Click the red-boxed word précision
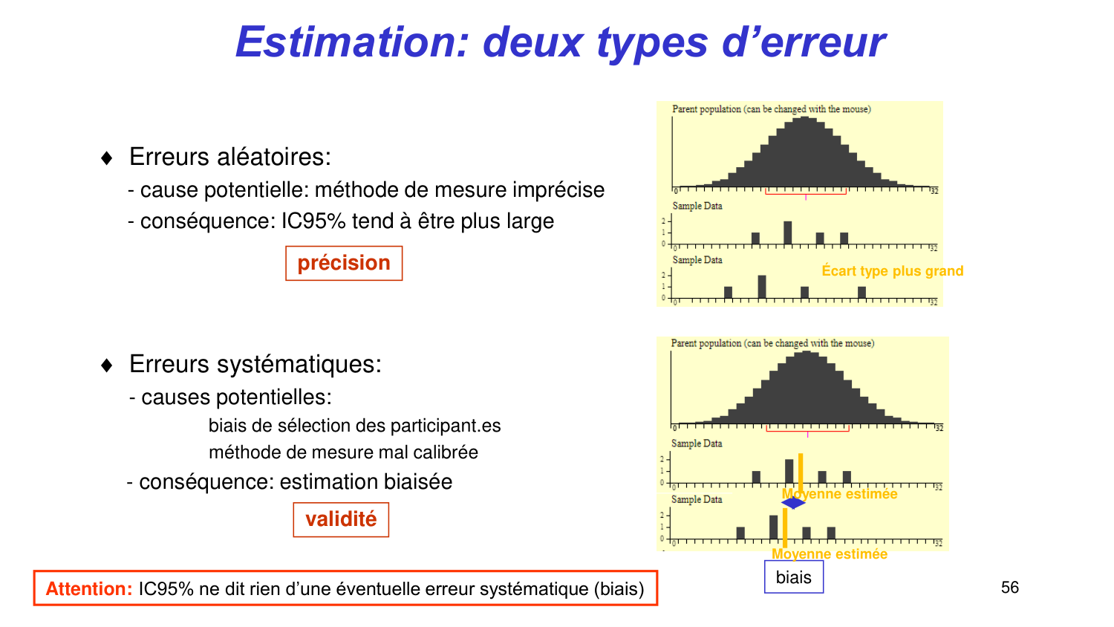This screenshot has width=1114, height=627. coord(344,263)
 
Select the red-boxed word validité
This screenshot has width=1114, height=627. coord(341,519)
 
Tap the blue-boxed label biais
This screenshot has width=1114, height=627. coord(794,577)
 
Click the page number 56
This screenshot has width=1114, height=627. coord(1010,588)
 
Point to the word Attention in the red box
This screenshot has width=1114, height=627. coord(89,589)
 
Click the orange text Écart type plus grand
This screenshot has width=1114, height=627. coord(892,271)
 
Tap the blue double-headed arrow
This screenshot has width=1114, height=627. coord(793,503)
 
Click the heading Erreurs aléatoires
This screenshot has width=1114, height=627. coord(230,157)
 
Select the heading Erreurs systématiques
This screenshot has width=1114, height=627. coord(255,364)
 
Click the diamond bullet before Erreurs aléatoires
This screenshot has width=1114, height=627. coord(107,158)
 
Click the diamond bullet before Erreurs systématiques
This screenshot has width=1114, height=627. coord(107,366)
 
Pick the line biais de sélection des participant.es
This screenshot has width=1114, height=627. coord(354,426)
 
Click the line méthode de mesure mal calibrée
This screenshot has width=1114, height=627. coord(343,452)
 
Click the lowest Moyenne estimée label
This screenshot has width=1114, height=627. coord(830,554)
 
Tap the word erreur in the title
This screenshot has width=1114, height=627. coord(823,42)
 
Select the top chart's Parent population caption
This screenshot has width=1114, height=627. coord(771,109)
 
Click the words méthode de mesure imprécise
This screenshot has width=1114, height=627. coord(460,190)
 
